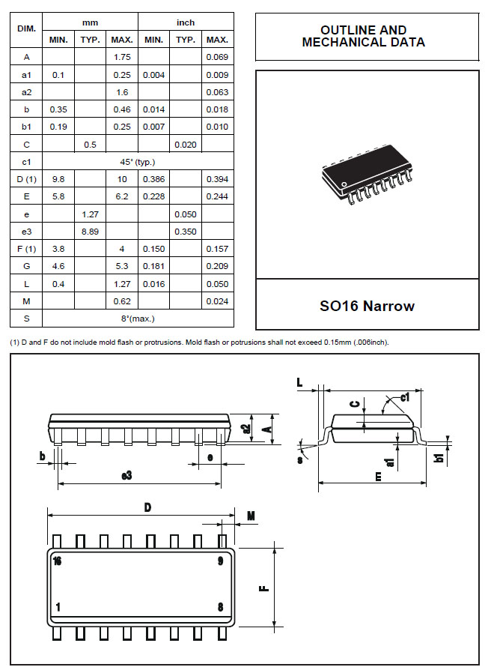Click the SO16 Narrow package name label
[368, 305]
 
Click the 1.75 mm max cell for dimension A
[121, 57]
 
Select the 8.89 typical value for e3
[90, 232]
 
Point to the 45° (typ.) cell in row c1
[138, 162]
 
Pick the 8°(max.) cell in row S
[138, 319]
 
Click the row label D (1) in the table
[26, 179]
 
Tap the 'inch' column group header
[186, 22]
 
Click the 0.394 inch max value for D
[217, 179]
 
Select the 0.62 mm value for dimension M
[121, 301]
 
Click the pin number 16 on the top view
[58, 560]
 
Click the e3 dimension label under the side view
[126, 475]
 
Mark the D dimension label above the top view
[147, 507]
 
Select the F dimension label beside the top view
[263, 587]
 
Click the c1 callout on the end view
[405, 398]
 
